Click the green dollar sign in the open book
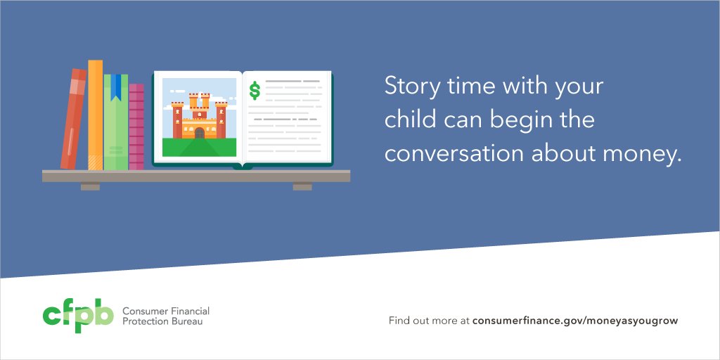pyautogui.click(x=255, y=90)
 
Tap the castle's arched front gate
pyautogui.click(x=199, y=133)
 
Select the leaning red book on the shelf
pyautogui.click(x=73, y=120)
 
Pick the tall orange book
pyautogui.click(x=95, y=115)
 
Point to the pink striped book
pyautogui.click(x=136, y=127)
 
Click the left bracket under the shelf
pyautogui.click(x=90, y=187)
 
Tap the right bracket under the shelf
pyautogui.click(x=302, y=187)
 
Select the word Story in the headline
pyautogui.click(x=409, y=88)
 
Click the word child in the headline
pyautogui.click(x=409, y=120)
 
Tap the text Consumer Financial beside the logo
pyautogui.click(x=165, y=311)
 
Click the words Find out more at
pyautogui.click(x=429, y=321)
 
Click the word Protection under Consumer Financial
pyautogui.click(x=145, y=322)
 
